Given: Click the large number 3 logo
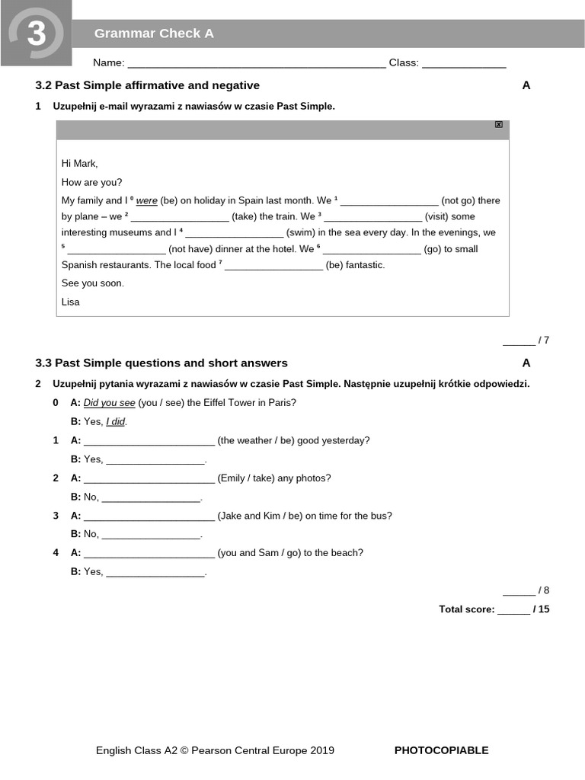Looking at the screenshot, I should pos(36,34).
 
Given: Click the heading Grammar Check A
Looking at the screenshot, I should pos(154,34).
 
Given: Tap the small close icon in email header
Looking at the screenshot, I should pos(499,124).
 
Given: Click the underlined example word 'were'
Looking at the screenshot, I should pos(147,201).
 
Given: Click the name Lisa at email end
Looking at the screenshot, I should pos(71,302).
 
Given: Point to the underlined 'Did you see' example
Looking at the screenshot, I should pos(110,403).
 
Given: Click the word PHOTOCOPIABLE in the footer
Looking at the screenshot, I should pos(441,750).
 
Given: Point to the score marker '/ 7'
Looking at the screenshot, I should pos(543,340).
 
